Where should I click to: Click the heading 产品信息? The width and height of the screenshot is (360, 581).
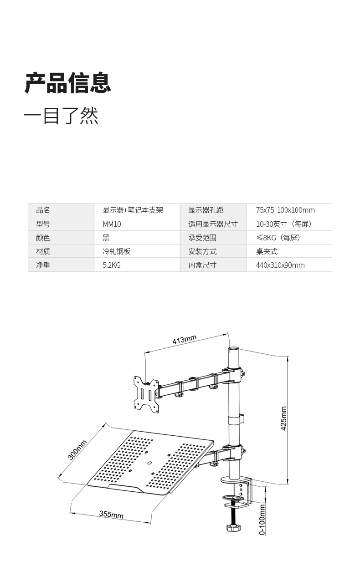click(x=68, y=83)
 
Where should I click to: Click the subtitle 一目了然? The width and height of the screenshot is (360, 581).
click(x=61, y=116)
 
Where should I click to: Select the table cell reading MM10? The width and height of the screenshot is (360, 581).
click(x=112, y=224)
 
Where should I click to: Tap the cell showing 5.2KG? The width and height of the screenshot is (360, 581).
click(x=112, y=265)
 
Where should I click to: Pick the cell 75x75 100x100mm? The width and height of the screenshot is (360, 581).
click(x=285, y=210)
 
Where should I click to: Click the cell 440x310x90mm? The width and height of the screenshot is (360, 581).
click(x=280, y=265)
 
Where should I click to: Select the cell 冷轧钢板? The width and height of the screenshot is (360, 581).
click(x=117, y=251)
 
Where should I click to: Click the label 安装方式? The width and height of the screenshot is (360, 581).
click(x=202, y=251)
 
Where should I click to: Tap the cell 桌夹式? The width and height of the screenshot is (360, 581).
click(x=267, y=251)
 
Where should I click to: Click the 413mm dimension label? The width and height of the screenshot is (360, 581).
click(x=184, y=340)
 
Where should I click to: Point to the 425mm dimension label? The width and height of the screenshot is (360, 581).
click(x=283, y=418)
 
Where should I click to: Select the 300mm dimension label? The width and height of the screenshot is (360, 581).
click(x=77, y=450)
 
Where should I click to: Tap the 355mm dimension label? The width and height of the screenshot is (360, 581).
click(x=111, y=515)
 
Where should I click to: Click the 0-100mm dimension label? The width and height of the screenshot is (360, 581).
click(x=262, y=519)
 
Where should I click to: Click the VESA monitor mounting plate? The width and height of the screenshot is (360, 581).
click(x=146, y=392)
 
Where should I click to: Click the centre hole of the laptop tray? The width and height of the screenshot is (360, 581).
click(x=150, y=462)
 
